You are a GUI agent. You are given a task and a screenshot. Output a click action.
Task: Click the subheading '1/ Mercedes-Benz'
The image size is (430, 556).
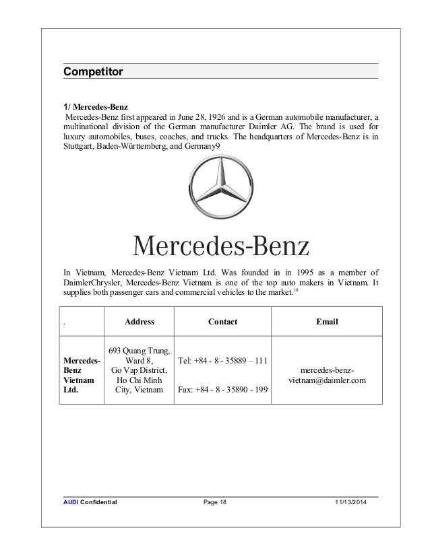(95, 106)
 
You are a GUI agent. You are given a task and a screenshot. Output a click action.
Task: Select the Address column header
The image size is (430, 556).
(140, 322)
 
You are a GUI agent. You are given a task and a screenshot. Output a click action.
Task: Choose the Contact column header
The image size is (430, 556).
(222, 322)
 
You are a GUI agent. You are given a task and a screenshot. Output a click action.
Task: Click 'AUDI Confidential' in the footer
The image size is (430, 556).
(90, 503)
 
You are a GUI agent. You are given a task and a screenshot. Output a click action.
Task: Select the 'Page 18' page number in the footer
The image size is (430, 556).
(216, 503)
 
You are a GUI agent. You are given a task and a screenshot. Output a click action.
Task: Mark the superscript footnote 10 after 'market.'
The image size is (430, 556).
(297, 291)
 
